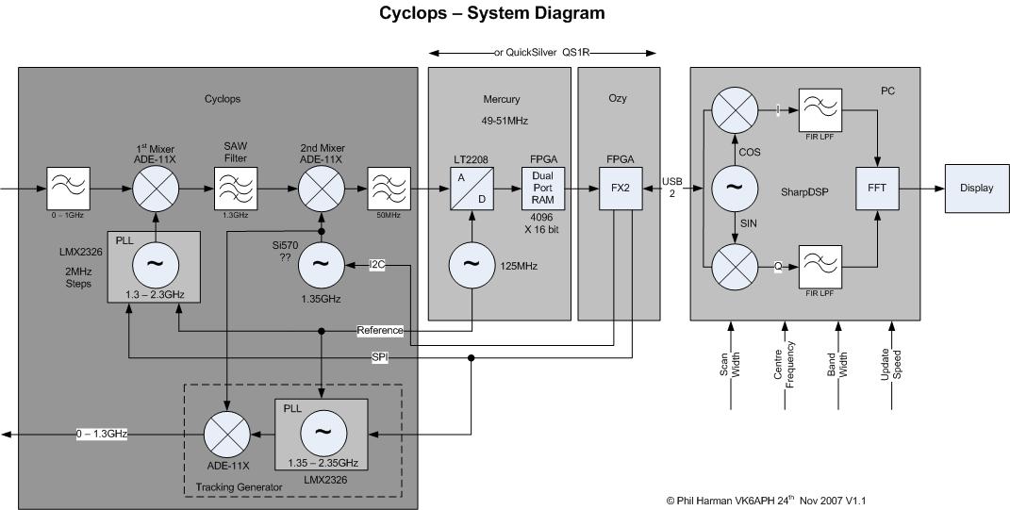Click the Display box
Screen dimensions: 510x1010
point(977,188)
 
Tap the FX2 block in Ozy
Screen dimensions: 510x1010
point(620,188)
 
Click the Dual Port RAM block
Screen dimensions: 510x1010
point(542,188)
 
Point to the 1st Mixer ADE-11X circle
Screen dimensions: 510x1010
point(156,188)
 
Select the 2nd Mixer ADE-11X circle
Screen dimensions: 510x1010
point(323,188)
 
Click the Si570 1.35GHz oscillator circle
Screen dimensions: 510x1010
point(323,267)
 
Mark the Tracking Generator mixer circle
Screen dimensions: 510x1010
point(228,434)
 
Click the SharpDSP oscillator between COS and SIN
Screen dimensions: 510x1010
point(732,188)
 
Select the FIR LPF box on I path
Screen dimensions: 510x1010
point(821,112)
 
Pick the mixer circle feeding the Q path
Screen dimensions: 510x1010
point(732,266)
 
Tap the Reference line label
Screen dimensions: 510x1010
point(380,330)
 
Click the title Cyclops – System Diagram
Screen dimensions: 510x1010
point(492,13)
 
